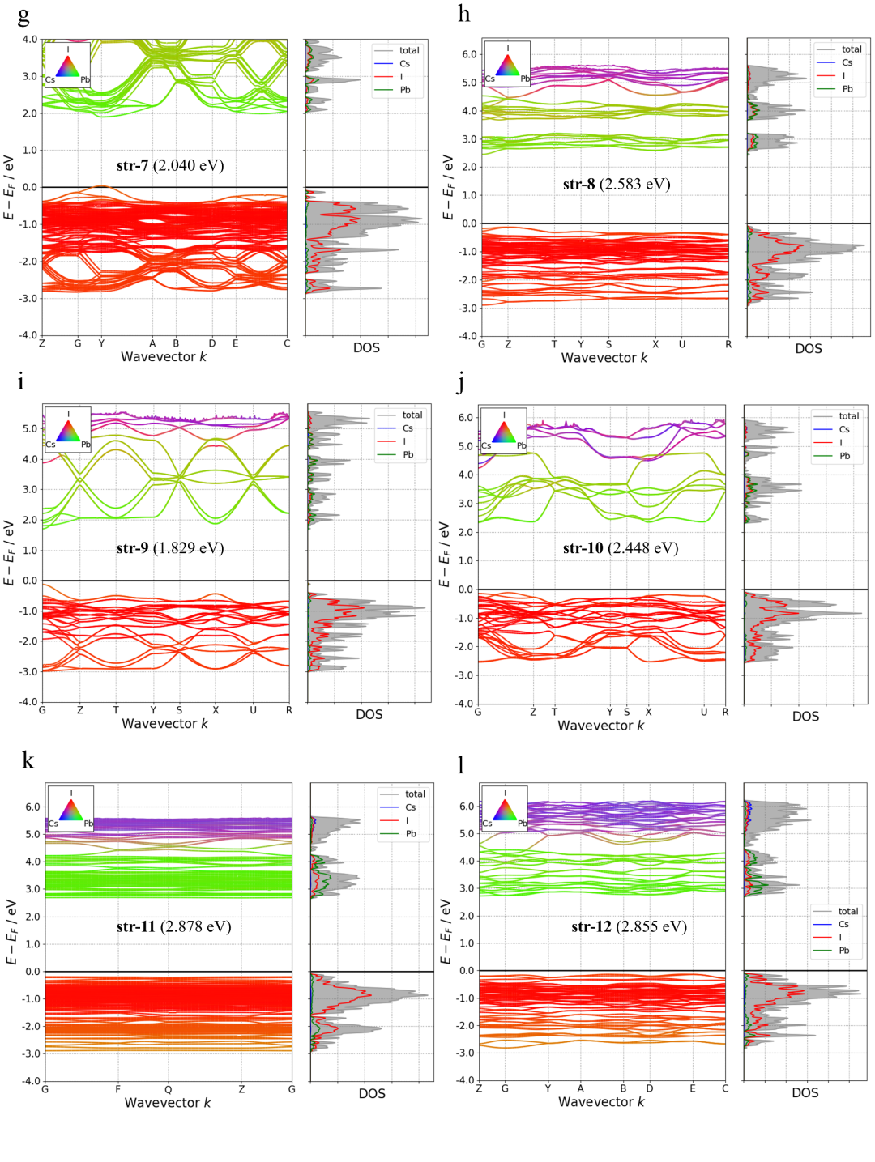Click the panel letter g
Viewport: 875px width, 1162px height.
tap(23, 15)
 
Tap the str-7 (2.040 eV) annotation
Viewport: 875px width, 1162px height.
tap(170, 166)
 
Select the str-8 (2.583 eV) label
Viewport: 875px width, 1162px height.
tap(617, 185)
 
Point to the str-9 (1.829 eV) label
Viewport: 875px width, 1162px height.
tap(170, 548)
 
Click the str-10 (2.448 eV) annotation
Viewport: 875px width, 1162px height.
tap(621, 548)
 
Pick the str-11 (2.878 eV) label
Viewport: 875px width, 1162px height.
tap(174, 926)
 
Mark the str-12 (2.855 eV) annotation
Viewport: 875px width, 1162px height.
tap(629, 926)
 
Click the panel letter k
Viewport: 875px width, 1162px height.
tap(28, 760)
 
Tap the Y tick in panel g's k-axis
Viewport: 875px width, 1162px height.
tap(101, 343)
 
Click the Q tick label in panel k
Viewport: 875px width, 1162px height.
tap(169, 1089)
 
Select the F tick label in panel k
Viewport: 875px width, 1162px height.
tap(117, 1089)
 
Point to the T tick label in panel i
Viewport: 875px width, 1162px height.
tap(116, 710)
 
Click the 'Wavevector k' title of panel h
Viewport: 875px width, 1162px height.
tap(604, 358)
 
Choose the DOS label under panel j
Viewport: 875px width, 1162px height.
tap(805, 717)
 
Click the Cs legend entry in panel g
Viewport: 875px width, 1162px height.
tap(404, 64)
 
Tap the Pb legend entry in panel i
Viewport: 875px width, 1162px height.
tap(408, 455)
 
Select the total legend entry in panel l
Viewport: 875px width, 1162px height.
tap(848, 911)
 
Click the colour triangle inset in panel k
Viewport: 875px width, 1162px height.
tap(70, 809)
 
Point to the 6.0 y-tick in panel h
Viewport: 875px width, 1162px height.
tap(469, 54)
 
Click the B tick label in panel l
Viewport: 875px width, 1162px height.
tap(623, 1088)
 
